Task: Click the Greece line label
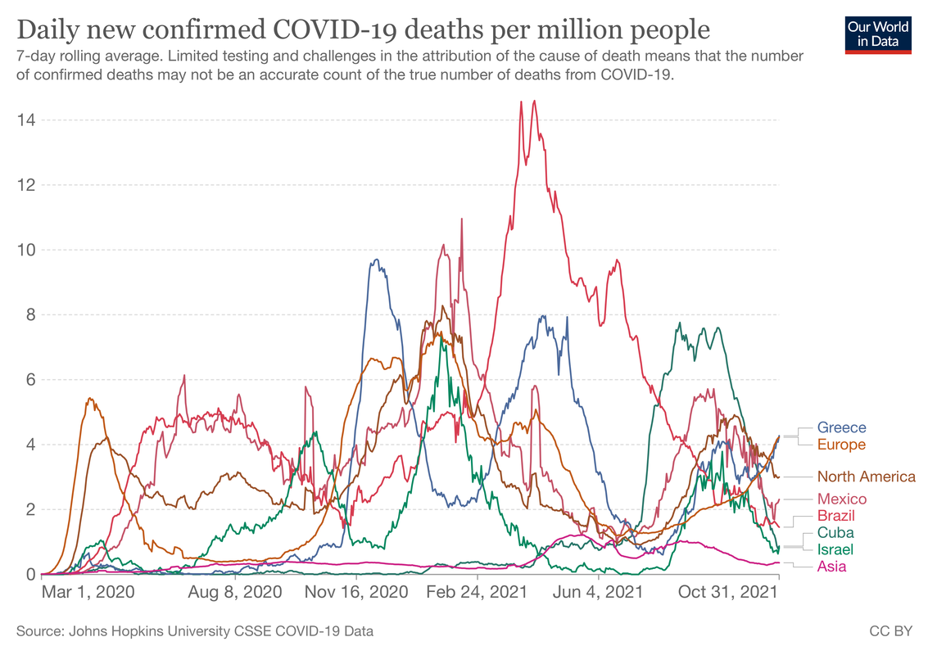(x=841, y=427)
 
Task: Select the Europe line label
(x=841, y=445)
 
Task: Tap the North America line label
(x=866, y=477)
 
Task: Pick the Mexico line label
(x=841, y=499)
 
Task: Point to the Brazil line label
(x=836, y=515)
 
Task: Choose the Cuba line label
(x=835, y=532)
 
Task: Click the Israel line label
(x=835, y=549)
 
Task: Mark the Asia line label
(x=831, y=566)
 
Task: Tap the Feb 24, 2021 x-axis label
(x=476, y=591)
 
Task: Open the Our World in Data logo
(x=878, y=33)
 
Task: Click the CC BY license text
(x=890, y=631)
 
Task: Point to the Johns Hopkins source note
(x=195, y=631)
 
